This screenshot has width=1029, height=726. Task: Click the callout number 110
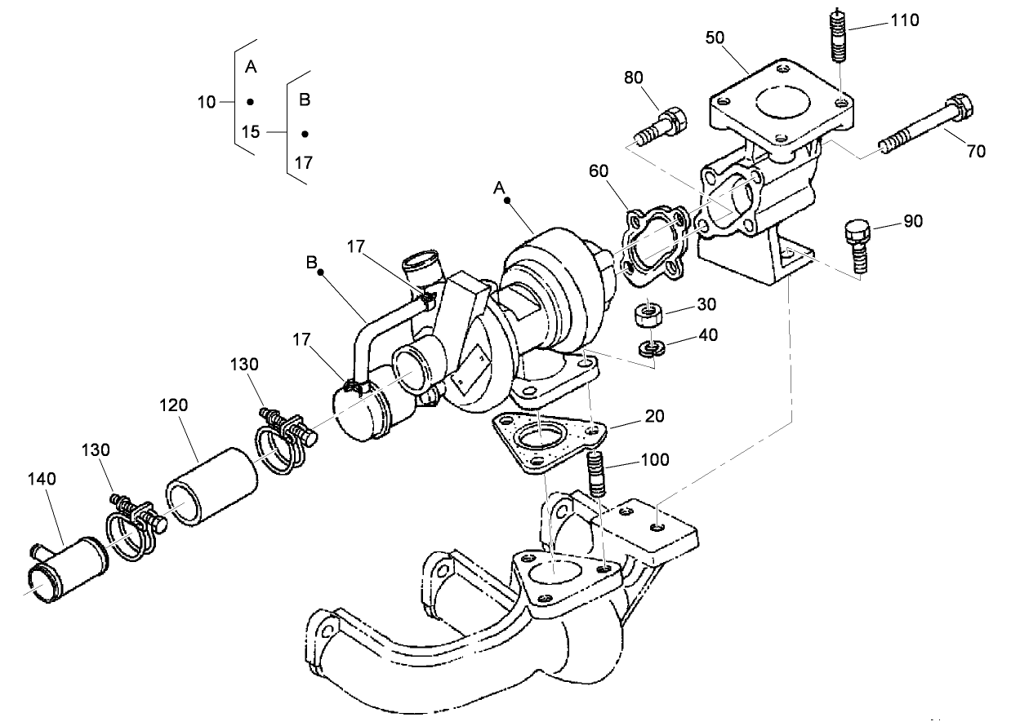[x=904, y=20]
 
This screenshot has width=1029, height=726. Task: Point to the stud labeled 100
[x=596, y=474]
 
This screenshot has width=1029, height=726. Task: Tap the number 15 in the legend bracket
[x=251, y=131]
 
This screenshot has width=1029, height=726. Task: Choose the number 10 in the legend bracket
[x=206, y=102]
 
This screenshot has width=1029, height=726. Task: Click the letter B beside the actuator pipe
[x=310, y=263]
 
